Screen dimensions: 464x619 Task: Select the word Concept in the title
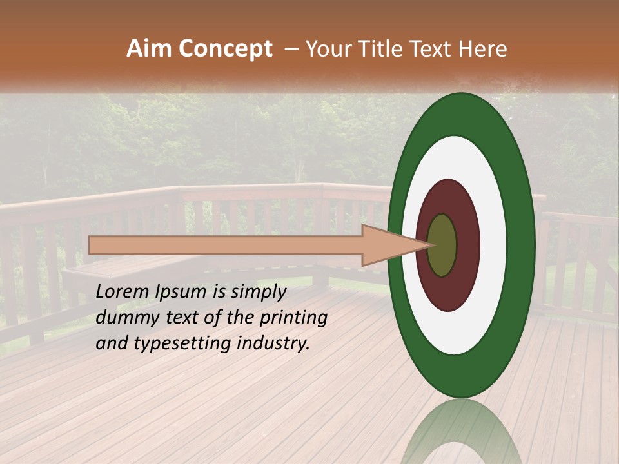(x=224, y=49)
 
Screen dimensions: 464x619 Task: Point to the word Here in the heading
(x=482, y=49)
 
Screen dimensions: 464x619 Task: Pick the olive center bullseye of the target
(x=442, y=245)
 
